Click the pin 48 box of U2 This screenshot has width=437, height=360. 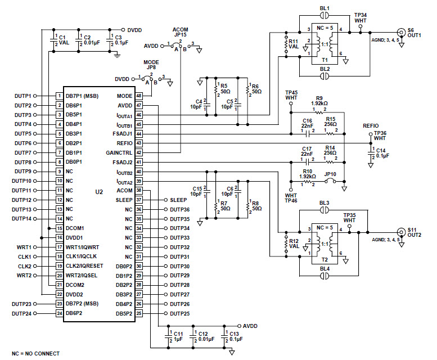pyautogui.click(x=139, y=96)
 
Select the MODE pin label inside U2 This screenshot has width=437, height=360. pyautogui.click(x=125, y=96)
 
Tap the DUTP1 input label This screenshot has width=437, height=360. pyautogui.click(x=23, y=96)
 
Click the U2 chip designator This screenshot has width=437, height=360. pyautogui.click(x=99, y=192)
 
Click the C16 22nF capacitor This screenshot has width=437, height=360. pyautogui.click(x=307, y=134)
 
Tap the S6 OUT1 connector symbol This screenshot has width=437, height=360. pyautogui.click(x=401, y=33)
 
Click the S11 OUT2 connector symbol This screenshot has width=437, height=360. pyautogui.click(x=401, y=232)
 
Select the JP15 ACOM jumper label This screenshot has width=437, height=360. pyautogui.click(x=181, y=31)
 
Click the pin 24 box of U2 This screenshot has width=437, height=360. pyautogui.click(x=59, y=313)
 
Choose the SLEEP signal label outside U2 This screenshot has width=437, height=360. pyautogui.click(x=178, y=200)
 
